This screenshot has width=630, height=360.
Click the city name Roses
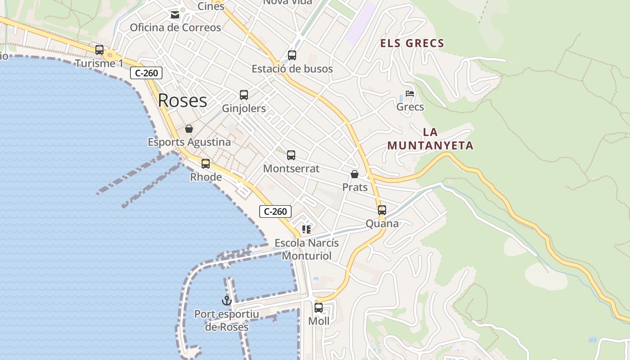pos(182,100)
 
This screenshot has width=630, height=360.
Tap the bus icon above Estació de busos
pos(292,55)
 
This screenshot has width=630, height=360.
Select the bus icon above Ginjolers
pos(244,95)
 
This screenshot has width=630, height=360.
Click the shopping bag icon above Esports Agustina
pos(189,129)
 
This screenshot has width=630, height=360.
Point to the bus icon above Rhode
pos(206,164)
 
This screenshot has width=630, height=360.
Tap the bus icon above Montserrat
pos(291,155)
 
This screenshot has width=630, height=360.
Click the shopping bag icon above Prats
pos(355,174)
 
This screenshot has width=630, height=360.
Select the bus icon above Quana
pos(382,210)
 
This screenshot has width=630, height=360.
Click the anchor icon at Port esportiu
pos(226,301)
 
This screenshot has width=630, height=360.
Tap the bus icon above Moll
pos(319,308)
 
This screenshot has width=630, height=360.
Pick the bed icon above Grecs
pos(409,94)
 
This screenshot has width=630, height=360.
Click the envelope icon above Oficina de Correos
pos(175,15)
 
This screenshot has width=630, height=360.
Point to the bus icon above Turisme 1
pos(99,50)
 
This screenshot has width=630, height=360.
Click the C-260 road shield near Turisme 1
pos(146,73)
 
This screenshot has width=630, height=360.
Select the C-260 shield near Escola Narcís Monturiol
pos(275,211)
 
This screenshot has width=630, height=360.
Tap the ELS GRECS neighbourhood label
pos(412,44)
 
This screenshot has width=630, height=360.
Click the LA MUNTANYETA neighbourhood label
pos(430,139)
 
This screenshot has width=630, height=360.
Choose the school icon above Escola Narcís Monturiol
pos(306,229)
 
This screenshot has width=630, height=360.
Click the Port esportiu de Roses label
pos(227,320)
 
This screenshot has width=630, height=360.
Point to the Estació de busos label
pos(292,69)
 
